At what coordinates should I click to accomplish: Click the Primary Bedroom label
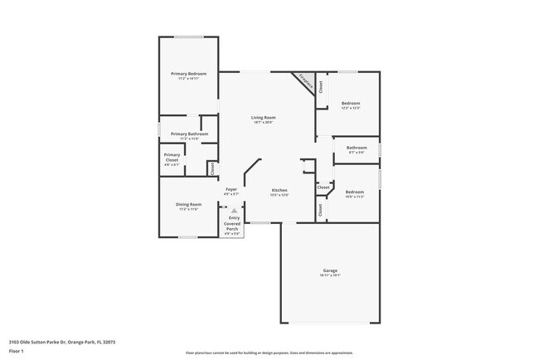click(x=189, y=74)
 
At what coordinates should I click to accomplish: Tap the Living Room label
click(x=264, y=118)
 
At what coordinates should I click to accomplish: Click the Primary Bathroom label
click(x=189, y=134)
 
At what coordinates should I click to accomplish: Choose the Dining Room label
click(x=188, y=204)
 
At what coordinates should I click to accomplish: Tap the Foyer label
click(x=232, y=189)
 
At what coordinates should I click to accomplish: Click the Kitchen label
click(x=279, y=189)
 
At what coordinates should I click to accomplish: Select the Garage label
click(x=330, y=270)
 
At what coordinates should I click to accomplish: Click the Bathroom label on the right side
click(x=357, y=148)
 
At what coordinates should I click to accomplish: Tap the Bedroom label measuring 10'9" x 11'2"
click(x=355, y=192)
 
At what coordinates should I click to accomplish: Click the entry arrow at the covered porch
click(x=233, y=211)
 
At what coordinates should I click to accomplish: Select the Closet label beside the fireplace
click(x=321, y=85)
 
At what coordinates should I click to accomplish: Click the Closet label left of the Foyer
click(x=212, y=168)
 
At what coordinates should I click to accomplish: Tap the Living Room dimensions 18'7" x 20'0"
click(x=264, y=123)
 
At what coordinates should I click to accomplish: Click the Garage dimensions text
click(x=330, y=275)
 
